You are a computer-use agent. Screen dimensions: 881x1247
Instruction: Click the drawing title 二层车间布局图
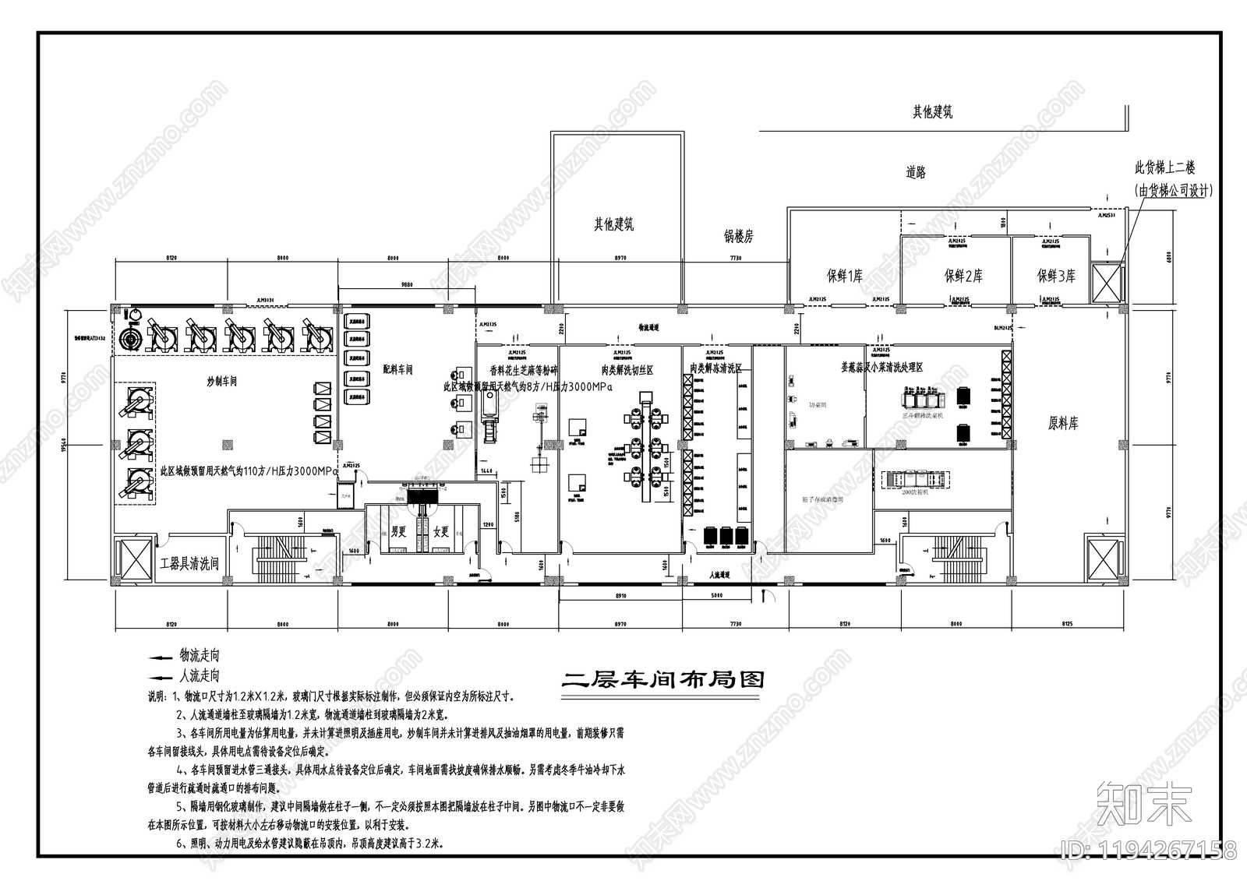click(x=663, y=679)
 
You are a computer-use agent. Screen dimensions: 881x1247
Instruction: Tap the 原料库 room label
click(x=1063, y=424)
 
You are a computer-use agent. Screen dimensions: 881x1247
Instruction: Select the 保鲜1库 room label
click(x=844, y=276)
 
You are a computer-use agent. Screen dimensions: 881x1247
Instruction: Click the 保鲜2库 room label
click(x=963, y=276)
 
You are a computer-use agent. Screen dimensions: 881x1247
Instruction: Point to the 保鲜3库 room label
click(x=1056, y=276)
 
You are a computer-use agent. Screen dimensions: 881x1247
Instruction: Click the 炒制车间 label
click(x=221, y=382)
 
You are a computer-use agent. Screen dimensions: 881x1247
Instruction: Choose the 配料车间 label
click(x=397, y=369)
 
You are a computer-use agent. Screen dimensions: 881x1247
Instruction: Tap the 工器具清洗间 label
click(x=189, y=563)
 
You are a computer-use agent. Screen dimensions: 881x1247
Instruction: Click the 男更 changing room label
click(x=399, y=532)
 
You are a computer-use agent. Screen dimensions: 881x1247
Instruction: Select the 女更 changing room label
click(x=441, y=532)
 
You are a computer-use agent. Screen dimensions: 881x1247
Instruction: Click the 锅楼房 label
click(x=738, y=236)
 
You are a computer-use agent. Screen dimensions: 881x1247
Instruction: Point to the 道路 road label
click(x=916, y=173)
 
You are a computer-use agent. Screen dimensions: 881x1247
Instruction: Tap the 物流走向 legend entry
click(x=200, y=654)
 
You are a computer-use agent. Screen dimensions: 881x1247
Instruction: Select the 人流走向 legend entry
click(x=200, y=675)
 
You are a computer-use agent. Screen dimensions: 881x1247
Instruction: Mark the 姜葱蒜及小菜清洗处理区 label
click(x=881, y=366)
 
